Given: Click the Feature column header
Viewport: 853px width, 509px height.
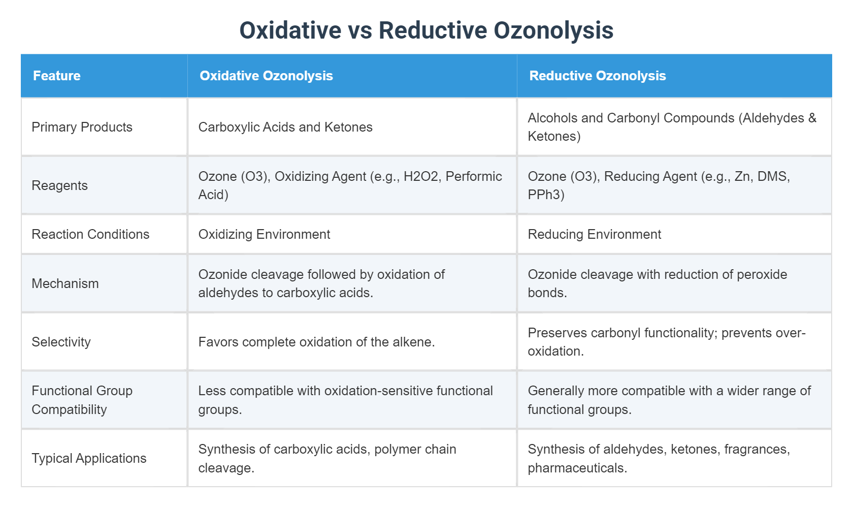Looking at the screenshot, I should pyautogui.click(x=57, y=76).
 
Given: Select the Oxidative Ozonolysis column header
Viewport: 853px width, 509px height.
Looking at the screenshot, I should pyautogui.click(x=266, y=76).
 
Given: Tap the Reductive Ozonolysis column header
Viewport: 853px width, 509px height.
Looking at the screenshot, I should pyautogui.click(x=597, y=76).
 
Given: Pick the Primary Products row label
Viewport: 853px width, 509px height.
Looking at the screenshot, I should pyautogui.click(x=82, y=127).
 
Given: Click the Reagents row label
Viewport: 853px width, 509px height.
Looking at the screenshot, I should pyautogui.click(x=59, y=185).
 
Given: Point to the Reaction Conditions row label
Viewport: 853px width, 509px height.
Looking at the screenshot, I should pyautogui.click(x=90, y=234).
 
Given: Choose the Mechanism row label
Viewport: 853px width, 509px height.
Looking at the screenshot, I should pyautogui.click(x=65, y=283).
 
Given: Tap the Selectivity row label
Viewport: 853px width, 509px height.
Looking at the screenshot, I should pyautogui.click(x=61, y=342).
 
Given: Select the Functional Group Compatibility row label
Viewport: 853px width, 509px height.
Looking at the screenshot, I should pyautogui.click(x=82, y=400).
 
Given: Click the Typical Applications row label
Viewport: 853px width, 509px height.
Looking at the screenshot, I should pyautogui.click(x=89, y=458).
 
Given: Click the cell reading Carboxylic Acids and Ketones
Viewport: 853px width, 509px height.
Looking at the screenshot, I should pyautogui.click(x=285, y=127).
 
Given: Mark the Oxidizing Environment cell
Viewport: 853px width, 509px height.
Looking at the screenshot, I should pyautogui.click(x=264, y=234).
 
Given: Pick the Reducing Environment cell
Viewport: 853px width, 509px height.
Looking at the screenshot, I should pyautogui.click(x=594, y=234).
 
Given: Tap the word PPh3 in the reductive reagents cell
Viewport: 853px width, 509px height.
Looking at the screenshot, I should pyautogui.click(x=546, y=195).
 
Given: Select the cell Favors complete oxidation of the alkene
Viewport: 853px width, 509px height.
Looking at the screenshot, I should pyautogui.click(x=316, y=342).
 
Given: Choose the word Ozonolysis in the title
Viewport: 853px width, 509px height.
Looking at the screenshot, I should pyautogui.click(x=553, y=30).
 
